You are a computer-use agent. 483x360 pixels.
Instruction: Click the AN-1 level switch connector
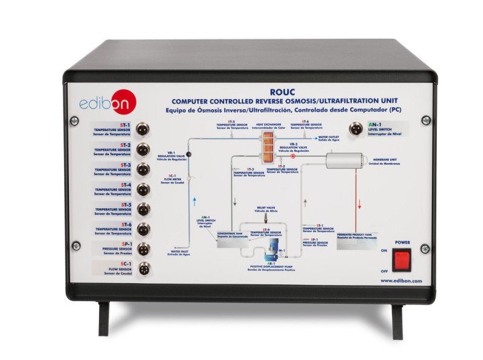(357, 127)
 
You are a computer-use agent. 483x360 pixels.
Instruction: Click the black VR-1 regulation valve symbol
(189, 155)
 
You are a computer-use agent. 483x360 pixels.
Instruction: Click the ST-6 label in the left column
(107, 225)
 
